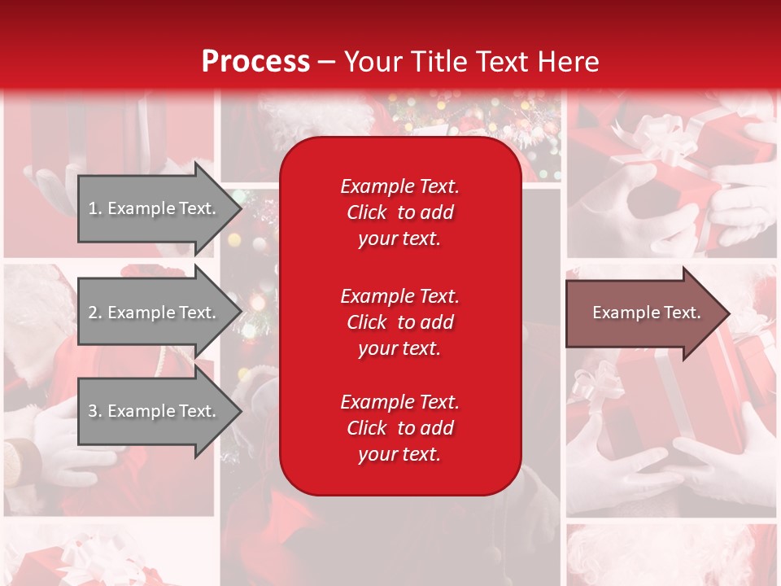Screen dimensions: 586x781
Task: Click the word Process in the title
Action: click(x=255, y=62)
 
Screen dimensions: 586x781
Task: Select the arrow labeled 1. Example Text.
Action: click(x=155, y=208)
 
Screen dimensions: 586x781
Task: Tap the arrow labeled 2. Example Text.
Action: click(x=155, y=313)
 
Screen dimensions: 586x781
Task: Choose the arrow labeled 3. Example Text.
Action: click(x=155, y=411)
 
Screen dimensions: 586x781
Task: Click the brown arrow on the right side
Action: click(x=643, y=313)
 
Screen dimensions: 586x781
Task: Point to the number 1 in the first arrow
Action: click(x=93, y=208)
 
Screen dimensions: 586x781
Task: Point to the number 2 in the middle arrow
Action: click(x=93, y=313)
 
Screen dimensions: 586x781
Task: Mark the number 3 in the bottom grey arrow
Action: click(x=93, y=411)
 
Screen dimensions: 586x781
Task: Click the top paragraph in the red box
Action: click(x=399, y=212)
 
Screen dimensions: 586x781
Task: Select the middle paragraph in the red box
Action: click(x=399, y=322)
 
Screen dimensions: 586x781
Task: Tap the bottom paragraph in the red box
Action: click(x=399, y=428)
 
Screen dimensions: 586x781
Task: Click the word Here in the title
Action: click(x=569, y=62)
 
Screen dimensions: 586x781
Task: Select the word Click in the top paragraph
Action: click(x=366, y=212)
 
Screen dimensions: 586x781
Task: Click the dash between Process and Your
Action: click(x=326, y=62)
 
